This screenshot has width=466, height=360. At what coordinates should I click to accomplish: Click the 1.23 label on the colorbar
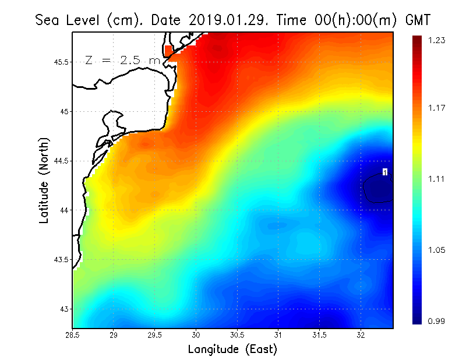point(437,40)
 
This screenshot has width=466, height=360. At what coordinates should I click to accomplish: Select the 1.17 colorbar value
point(437,108)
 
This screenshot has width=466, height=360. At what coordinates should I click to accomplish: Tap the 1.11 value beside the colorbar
point(437,179)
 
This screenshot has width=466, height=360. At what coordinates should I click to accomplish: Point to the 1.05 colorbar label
point(437,250)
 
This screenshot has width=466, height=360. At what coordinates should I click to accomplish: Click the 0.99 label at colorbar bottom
point(437,321)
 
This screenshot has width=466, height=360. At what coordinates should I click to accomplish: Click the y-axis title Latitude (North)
point(44,181)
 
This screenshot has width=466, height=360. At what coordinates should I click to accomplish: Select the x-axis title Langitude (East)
point(232,350)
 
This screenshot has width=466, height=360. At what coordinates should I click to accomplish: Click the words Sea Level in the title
point(69,20)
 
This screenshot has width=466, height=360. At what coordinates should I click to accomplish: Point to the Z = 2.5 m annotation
point(122,61)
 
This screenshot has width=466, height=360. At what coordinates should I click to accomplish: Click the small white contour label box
point(385,171)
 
